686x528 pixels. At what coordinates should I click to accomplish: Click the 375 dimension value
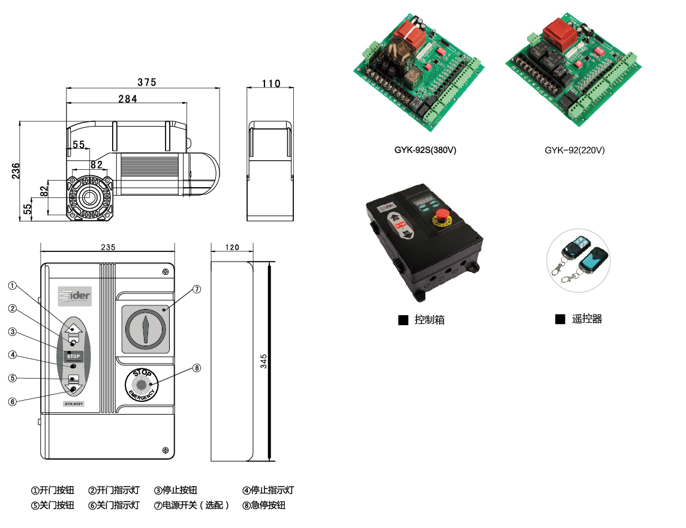pos(146,82)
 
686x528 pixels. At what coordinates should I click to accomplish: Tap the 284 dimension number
pos(127,99)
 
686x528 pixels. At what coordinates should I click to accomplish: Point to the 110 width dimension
pos(271,83)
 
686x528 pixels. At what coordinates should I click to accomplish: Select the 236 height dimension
pos(16,171)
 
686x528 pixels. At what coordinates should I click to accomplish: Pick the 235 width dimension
pos(108,247)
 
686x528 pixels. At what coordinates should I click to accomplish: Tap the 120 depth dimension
pos(232,247)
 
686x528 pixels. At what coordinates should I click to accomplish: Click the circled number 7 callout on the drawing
pos(197,289)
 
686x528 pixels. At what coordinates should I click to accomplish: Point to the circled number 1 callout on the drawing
pos(13,286)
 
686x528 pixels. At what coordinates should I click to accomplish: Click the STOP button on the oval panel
pos(73,356)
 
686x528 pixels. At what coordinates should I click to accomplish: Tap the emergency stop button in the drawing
pos(142,385)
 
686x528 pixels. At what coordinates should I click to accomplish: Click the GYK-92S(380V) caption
pos(425,150)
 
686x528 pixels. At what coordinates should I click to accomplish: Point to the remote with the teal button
pos(593,259)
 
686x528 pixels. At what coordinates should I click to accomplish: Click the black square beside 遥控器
pos(560,320)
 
